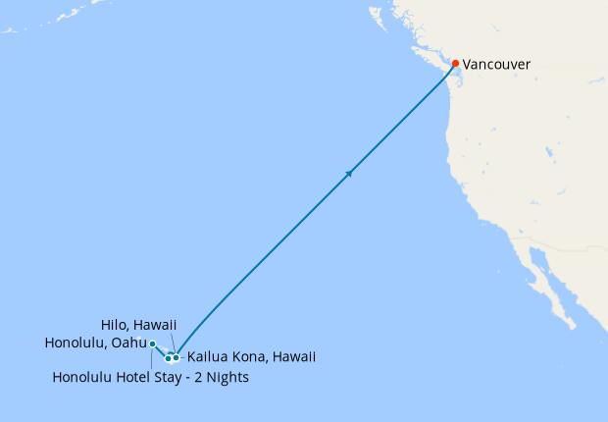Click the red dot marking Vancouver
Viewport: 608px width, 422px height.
pyautogui.click(x=455, y=64)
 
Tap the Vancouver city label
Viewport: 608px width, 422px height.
pyautogui.click(x=496, y=65)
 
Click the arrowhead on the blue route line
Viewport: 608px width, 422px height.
pyautogui.click(x=348, y=174)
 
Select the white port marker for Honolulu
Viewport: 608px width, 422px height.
pyautogui.click(x=153, y=343)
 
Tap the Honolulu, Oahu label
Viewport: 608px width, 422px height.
pyautogui.click(x=95, y=343)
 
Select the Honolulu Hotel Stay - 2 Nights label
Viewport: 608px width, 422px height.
pyautogui.click(x=150, y=378)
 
